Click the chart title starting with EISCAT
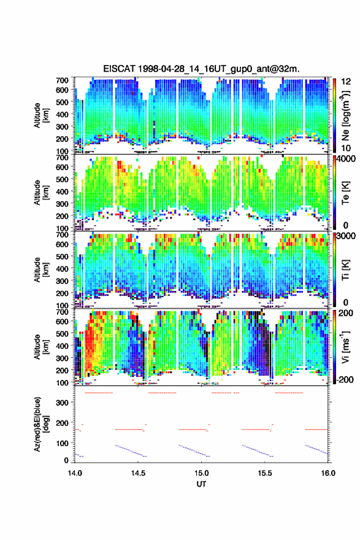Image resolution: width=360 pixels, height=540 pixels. (x=201, y=69)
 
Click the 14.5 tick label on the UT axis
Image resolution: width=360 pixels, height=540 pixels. (x=138, y=473)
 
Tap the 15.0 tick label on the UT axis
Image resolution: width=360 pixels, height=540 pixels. (x=201, y=473)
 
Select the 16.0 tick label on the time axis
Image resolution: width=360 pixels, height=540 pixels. (x=328, y=473)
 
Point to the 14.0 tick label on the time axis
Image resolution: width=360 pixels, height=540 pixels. (x=75, y=473)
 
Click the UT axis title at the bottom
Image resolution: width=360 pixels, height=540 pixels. (x=201, y=484)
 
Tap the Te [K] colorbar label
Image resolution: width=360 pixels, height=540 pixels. (x=345, y=193)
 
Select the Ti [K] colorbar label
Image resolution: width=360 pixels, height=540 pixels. (x=345, y=269)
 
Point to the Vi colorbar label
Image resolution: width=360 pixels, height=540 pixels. (x=345, y=347)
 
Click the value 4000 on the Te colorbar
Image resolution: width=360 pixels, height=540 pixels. (x=345, y=159)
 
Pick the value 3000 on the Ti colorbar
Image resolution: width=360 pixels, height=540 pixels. (x=345, y=236)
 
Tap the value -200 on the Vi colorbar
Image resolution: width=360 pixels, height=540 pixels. (x=343, y=379)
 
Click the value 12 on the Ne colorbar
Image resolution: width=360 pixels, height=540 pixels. (x=346, y=82)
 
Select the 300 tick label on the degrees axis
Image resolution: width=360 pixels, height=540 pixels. (x=63, y=403)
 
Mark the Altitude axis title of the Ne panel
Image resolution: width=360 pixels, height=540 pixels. (x=41, y=115)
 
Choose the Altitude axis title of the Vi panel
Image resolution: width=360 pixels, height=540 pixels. (x=41, y=347)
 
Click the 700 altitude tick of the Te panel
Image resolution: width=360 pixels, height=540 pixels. (x=63, y=157)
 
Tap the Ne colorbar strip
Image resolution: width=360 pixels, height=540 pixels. (x=334, y=115)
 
